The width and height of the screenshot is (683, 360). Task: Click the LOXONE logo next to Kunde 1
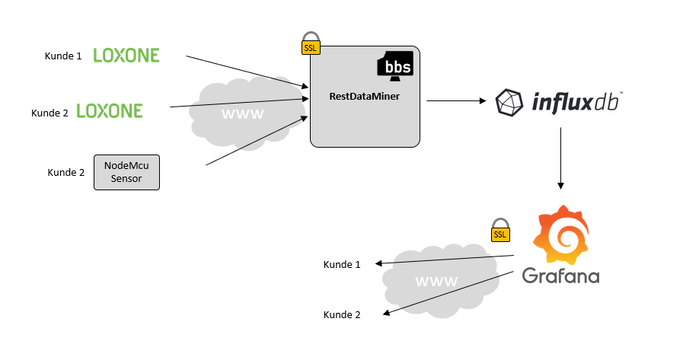[126, 55]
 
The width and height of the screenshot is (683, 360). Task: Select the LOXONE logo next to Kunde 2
[110, 111]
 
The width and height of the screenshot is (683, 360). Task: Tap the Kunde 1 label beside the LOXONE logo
[63, 56]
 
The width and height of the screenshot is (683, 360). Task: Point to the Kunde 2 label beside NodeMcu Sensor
[66, 173]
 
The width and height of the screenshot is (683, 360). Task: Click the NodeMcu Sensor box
[126, 172]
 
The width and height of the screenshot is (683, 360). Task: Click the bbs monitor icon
[397, 65]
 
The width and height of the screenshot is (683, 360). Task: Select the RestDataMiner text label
[364, 97]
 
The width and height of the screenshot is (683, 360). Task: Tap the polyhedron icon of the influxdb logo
[510, 103]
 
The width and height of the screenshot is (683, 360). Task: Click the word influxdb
[576, 102]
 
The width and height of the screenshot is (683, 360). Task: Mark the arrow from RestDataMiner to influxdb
[456, 100]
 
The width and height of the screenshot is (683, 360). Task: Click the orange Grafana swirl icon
[561, 235]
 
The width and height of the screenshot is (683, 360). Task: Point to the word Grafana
[560, 275]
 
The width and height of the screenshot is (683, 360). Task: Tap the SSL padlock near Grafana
[499, 231]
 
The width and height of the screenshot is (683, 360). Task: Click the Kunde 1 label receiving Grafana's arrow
[342, 265]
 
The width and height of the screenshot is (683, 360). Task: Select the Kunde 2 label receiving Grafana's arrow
[342, 314]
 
